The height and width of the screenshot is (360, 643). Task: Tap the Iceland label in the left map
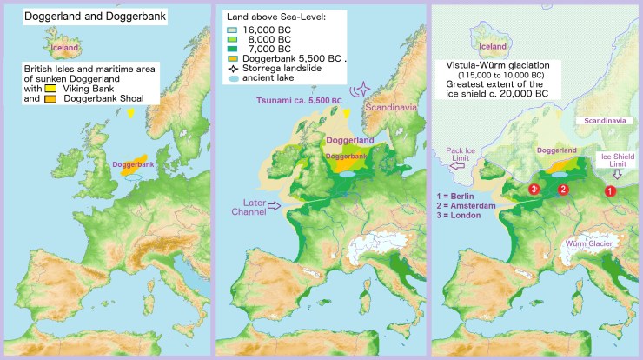point(64,47)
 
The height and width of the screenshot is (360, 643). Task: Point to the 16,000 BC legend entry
point(261,29)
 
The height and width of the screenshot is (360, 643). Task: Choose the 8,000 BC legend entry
point(261,40)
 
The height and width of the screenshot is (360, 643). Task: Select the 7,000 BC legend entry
point(261,51)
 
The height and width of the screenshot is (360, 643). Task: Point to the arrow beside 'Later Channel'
point(276,206)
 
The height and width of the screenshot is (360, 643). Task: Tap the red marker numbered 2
point(562,189)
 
